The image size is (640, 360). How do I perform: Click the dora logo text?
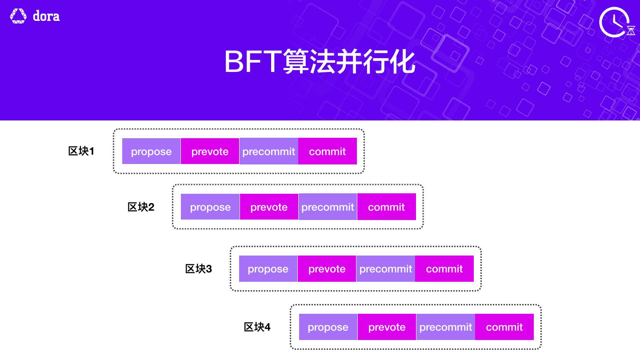46,16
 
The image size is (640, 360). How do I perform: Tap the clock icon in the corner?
615,22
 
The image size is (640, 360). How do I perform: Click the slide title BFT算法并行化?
320,62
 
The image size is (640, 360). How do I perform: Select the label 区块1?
81,151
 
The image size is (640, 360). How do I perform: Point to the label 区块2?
141,207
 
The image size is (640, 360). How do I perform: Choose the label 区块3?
199,269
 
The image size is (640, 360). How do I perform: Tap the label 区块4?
257,327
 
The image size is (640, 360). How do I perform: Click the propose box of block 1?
151,151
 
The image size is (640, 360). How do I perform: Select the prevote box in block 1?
210,151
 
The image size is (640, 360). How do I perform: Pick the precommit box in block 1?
268,151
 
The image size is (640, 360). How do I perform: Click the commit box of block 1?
328,151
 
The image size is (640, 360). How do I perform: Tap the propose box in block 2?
210,207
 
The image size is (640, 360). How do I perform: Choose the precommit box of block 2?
328,207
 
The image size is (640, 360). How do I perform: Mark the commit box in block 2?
387,207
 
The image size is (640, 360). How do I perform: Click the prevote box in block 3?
327,268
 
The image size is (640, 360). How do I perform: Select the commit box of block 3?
444,268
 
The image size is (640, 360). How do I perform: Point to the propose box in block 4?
328,327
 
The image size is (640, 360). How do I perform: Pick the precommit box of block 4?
446,327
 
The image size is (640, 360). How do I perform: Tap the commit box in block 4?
504,327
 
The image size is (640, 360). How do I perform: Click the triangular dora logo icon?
18,16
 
